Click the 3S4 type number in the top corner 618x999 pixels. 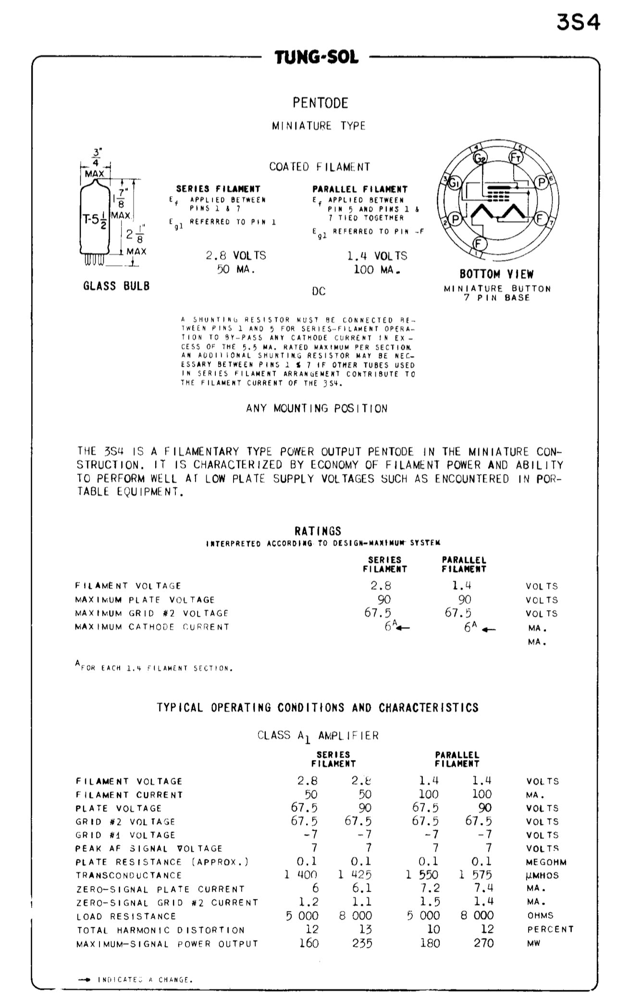tap(578, 22)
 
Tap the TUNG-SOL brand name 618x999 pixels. tap(317, 58)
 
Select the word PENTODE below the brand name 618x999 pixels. tap(320, 103)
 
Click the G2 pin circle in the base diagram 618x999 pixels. tap(479, 159)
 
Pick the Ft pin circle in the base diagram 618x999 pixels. tap(516, 157)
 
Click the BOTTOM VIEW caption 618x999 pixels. tap(496, 275)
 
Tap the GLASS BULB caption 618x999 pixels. tap(116, 286)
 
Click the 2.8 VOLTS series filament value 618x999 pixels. tap(235, 256)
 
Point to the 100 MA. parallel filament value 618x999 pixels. tap(377, 270)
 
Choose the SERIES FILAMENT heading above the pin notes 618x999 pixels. tap(218, 189)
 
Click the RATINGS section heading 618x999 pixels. tap(318, 531)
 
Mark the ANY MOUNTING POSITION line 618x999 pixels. tap(317, 409)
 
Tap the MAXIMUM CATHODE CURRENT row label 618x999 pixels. tap(152, 627)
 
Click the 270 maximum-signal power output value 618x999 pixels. tap(483, 943)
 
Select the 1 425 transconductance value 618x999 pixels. tap(355, 875)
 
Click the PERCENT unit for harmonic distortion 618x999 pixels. tap(550, 930)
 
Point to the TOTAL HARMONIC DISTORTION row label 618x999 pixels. tap(161, 930)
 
